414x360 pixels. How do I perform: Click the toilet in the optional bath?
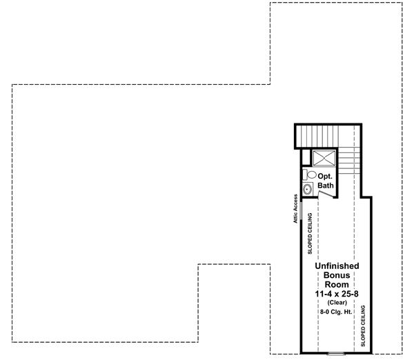tap(307, 175)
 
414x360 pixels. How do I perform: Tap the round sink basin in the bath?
tap(307, 188)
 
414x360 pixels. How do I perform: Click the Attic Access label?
tap(295, 209)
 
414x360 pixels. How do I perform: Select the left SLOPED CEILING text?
tap(308, 235)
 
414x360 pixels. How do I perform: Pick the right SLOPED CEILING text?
tap(364, 323)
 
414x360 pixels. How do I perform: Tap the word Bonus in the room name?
tap(336, 274)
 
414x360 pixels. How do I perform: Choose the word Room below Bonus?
tap(336, 283)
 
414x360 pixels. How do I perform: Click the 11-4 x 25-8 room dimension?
tap(336, 293)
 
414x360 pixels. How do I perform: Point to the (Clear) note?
tap(336, 302)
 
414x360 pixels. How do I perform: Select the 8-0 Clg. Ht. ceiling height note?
tap(336, 312)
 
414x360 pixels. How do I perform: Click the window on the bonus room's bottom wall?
tap(336, 352)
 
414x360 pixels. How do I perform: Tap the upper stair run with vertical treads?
tap(324, 135)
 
